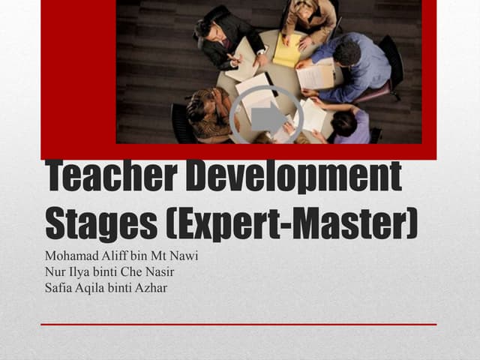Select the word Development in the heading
click(x=293, y=178)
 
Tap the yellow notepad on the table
click(x=287, y=51)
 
